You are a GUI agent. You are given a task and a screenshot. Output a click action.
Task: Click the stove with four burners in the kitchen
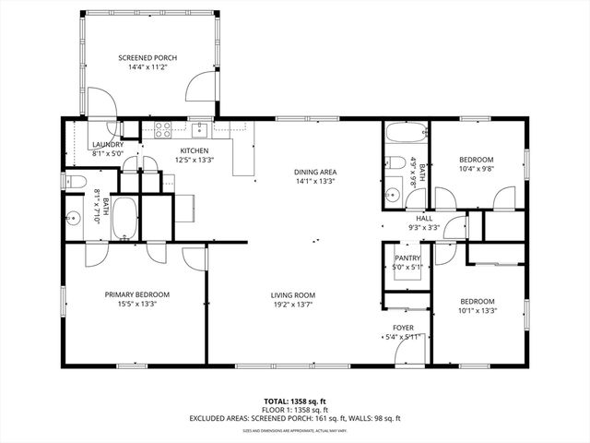pyautogui.click(x=163, y=129)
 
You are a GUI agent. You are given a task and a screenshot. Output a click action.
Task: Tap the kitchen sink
pyautogui.click(x=198, y=129)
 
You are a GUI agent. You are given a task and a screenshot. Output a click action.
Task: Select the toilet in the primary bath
pyautogui.click(x=75, y=181)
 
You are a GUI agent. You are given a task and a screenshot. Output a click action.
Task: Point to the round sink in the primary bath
pyautogui.click(x=73, y=220)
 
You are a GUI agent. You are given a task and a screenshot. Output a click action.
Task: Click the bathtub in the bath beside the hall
pyautogui.click(x=403, y=135)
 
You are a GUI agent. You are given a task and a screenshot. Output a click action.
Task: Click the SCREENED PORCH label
pyautogui.click(x=147, y=58)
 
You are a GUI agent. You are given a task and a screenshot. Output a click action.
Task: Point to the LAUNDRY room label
pyautogui.click(x=108, y=145)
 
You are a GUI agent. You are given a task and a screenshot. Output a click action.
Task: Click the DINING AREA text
pyautogui.click(x=314, y=172)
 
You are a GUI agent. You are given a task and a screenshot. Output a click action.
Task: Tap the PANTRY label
pyautogui.click(x=407, y=258)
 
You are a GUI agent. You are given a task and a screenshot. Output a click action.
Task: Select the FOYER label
pyautogui.click(x=404, y=328)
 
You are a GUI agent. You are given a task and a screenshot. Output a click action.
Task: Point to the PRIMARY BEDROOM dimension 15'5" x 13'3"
pyautogui.click(x=136, y=305)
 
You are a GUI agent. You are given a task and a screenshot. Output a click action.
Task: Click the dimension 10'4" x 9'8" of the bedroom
pyautogui.click(x=478, y=169)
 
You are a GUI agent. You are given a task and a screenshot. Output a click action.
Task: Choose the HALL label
pyautogui.click(x=424, y=218)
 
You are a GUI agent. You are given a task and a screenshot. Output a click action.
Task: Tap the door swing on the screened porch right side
pyautogui.click(x=196, y=88)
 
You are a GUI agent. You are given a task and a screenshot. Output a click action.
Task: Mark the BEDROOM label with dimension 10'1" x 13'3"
pyautogui.click(x=478, y=302)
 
